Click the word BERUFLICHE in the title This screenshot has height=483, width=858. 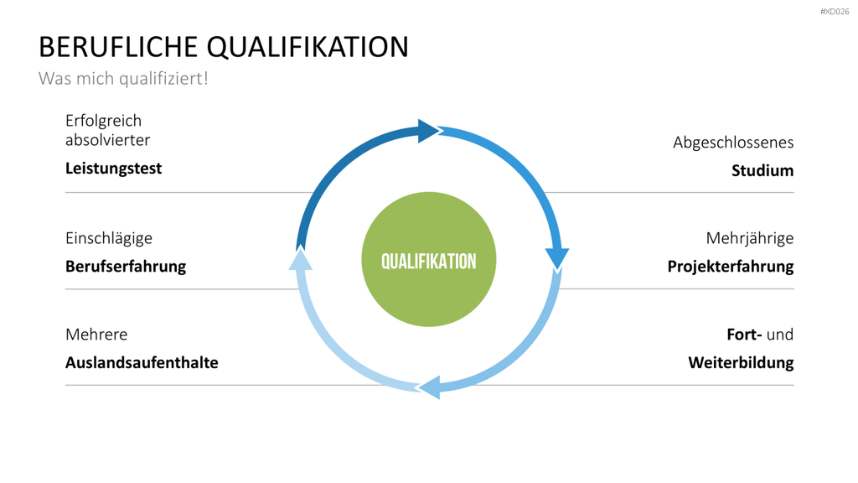click(117, 47)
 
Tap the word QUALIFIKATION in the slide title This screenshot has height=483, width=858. click(308, 47)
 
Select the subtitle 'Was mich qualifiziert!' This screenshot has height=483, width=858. click(123, 79)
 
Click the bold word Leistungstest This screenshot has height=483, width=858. click(113, 168)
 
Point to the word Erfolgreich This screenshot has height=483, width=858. click(103, 121)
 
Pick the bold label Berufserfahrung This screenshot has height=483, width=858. click(126, 266)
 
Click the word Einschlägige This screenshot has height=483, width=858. click(109, 238)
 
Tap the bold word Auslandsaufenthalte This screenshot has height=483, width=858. click(142, 362)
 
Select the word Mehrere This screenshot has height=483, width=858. click(96, 334)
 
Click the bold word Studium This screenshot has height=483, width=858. click(762, 171)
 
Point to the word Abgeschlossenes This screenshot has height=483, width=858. click(733, 143)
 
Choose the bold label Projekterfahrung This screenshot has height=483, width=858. click(731, 267)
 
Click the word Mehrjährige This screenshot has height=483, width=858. click(750, 238)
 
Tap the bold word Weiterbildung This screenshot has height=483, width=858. click(741, 362)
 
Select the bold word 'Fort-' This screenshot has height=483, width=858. click(744, 334)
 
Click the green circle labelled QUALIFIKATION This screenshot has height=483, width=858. click(429, 260)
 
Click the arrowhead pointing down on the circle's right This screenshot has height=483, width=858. click(557, 258)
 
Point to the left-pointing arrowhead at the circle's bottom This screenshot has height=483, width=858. click(429, 387)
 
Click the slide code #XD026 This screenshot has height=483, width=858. click(835, 12)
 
